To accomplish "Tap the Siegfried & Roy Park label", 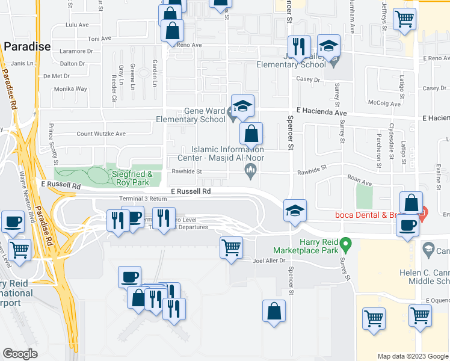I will [129, 177].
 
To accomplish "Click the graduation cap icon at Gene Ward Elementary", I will [242, 106].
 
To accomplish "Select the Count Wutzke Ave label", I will [101, 134].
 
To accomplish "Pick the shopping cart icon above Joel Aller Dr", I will [231, 247].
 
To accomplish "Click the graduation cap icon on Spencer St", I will [295, 211].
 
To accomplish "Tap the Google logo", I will [20, 353].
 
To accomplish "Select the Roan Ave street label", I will [359, 178].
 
